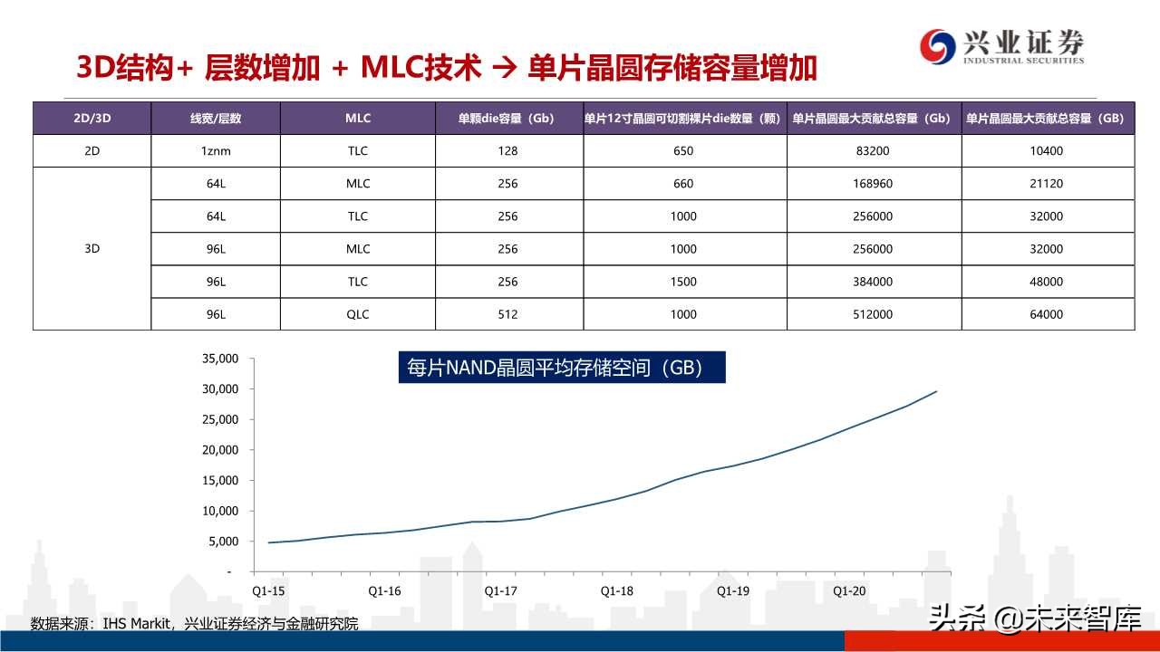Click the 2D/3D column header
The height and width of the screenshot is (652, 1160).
pyautogui.click(x=92, y=119)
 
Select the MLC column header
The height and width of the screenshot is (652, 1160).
pyautogui.click(x=358, y=119)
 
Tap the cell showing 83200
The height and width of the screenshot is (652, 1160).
pyautogui.click(x=874, y=151)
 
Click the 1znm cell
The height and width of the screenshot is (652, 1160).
pyautogui.click(x=216, y=151)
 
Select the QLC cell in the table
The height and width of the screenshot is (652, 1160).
pyautogui.click(x=358, y=314)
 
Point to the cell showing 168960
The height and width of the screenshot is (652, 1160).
pyautogui.click(x=874, y=184)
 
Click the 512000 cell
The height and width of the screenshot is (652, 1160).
pyautogui.click(x=874, y=314)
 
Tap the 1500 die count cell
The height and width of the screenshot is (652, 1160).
pyautogui.click(x=683, y=282)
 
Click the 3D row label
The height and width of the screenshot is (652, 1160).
pyautogui.click(x=92, y=249)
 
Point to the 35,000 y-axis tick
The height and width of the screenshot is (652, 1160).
pyautogui.click(x=219, y=359)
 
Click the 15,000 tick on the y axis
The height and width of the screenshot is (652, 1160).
pyautogui.click(x=219, y=480)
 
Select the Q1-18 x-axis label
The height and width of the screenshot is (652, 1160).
pyautogui.click(x=616, y=591)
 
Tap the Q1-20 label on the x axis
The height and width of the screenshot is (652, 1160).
pyautogui.click(x=849, y=591)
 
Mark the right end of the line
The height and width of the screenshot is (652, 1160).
pyautogui.click(x=936, y=391)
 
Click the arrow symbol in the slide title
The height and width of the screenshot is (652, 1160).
pyautogui.click(x=505, y=69)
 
